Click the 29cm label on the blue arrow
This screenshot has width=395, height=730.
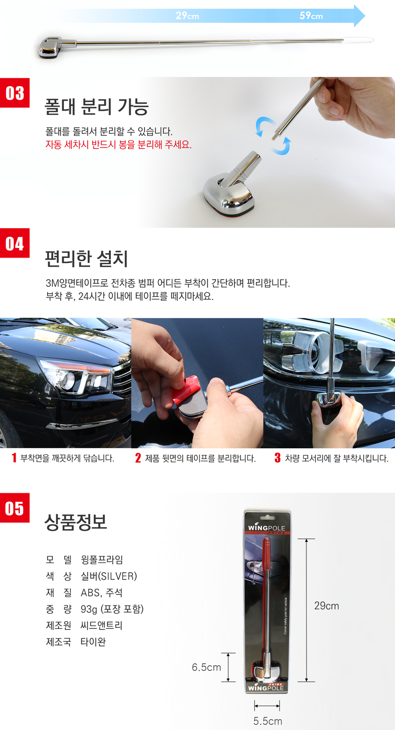[187, 16]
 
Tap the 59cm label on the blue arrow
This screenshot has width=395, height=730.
[311, 16]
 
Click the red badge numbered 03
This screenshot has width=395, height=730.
[15, 93]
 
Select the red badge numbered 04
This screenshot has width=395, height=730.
[15, 243]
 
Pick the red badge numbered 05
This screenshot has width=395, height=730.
[15, 508]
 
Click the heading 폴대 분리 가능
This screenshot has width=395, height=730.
[97, 107]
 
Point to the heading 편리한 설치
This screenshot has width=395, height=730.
[86, 259]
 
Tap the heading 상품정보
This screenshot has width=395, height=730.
[75, 522]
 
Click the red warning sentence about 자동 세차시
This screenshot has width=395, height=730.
[118, 144]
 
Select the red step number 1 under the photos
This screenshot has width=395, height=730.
[14, 458]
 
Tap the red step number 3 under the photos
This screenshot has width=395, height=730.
[278, 458]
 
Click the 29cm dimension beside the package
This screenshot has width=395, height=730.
[327, 606]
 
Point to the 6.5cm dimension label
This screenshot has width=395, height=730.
[206, 667]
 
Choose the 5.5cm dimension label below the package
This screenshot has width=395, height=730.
[267, 721]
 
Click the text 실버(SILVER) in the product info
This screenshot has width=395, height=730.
[109, 576]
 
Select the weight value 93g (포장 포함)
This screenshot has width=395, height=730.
[112, 609]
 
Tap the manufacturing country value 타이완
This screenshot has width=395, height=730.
[93, 641]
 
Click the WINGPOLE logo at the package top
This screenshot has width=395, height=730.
[266, 528]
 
